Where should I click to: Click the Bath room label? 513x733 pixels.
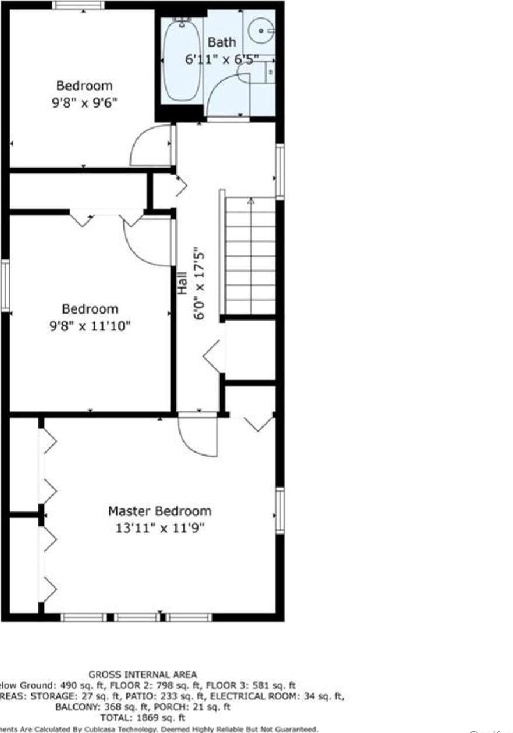[222, 42]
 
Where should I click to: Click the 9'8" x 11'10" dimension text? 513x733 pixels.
[90, 326]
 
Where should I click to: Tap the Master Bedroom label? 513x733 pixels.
[160, 511]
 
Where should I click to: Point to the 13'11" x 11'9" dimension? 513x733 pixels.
[160, 528]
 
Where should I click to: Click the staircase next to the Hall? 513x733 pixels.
[250, 256]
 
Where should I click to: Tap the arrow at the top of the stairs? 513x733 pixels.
[251, 201]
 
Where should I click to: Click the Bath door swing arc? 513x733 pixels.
[227, 96]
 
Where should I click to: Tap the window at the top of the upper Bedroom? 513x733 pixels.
[79, 5]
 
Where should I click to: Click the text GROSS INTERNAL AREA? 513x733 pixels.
[143, 675]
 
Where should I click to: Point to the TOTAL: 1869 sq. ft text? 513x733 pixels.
[143, 718]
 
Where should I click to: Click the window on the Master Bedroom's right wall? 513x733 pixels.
[280, 510]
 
